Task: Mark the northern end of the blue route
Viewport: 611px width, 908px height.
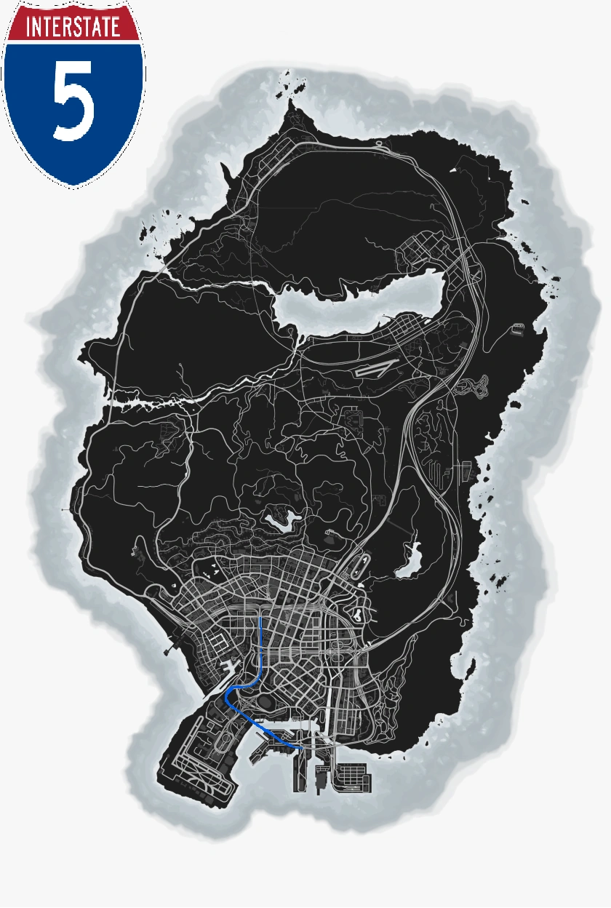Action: click(260, 617)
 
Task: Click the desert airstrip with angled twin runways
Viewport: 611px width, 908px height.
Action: click(378, 367)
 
